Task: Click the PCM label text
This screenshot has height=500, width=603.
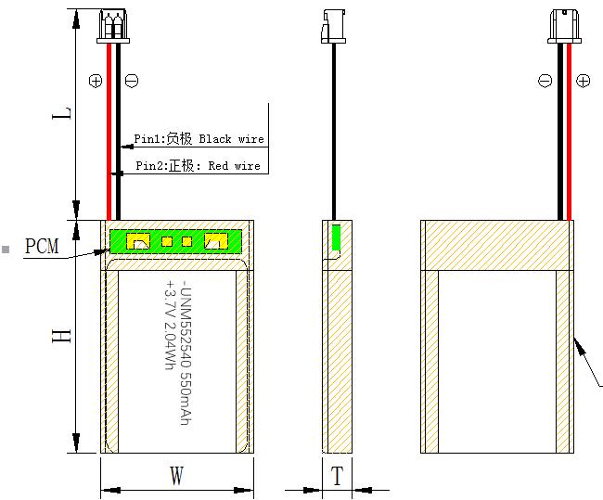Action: tap(42, 246)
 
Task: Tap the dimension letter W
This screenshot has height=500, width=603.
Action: tap(177, 475)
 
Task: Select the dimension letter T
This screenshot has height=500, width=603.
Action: tap(338, 476)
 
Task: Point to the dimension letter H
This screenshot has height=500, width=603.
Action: tap(61, 336)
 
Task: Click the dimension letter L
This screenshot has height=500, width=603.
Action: tap(61, 113)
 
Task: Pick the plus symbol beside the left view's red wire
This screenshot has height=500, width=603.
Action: tap(96, 81)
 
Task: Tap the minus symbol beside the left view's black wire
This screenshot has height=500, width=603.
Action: tap(132, 81)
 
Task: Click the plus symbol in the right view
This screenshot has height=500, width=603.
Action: tap(583, 81)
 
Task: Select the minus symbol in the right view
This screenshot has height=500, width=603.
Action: tap(545, 81)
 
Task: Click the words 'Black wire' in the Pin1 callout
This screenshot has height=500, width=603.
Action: tap(232, 139)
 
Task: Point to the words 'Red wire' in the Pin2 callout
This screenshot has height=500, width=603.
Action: tap(234, 166)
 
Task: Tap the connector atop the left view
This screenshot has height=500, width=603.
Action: tap(113, 26)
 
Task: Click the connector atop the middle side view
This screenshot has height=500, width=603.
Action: tap(333, 26)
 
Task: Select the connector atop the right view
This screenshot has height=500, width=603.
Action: tap(564, 26)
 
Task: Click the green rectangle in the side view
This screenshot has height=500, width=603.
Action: tap(336, 237)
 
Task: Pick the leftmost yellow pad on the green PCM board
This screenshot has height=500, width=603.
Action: tap(138, 241)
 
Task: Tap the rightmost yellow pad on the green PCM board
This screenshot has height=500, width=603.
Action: tap(216, 241)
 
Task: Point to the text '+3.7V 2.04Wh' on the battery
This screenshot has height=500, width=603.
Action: tap(170, 326)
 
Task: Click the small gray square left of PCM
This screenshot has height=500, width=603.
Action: tap(6, 249)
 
